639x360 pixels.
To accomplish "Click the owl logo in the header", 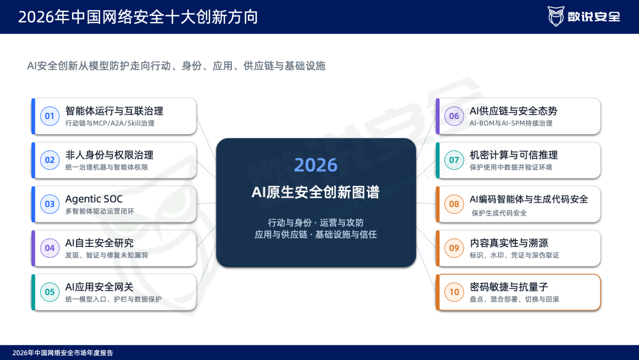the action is point(556,17).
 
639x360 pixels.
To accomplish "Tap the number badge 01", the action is point(50,116).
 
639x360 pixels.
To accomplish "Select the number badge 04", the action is point(50,248).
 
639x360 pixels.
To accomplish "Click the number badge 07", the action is point(454,160).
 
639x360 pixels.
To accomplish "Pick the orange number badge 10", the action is point(454,292).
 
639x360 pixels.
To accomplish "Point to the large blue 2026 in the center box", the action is point(316,165).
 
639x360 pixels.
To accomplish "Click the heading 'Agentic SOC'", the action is point(93,199).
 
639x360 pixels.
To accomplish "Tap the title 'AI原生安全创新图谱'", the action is point(316,192).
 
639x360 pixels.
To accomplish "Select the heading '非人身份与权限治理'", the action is point(109,155).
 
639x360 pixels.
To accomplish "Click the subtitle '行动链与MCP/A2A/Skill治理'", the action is point(109,123).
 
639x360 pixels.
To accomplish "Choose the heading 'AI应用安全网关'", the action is point(99,287).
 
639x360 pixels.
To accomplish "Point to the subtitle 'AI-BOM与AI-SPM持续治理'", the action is point(511,123).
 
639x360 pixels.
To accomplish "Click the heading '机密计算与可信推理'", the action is point(514,155).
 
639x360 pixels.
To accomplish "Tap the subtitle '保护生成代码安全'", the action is point(499,213).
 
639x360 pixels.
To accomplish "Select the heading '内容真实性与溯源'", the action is point(509,243).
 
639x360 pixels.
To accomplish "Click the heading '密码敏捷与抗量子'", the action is point(509,287).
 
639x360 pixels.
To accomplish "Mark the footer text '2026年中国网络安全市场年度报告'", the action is point(63,353).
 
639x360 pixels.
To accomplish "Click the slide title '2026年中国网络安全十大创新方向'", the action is point(138,17).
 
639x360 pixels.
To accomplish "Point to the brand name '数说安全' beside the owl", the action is point(594,17).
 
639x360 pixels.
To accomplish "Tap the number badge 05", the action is point(50,292).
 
